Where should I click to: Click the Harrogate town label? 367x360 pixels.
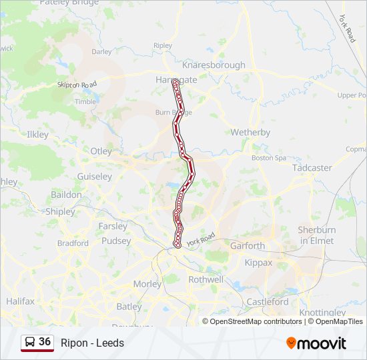pyautogui.click(x=176, y=79)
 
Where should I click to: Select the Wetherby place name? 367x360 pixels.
pyautogui.click(x=250, y=132)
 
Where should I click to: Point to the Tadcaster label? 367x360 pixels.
pyautogui.click(x=312, y=167)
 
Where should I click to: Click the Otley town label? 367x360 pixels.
pyautogui.click(x=101, y=151)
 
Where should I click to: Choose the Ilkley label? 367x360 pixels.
pyautogui.click(x=37, y=134)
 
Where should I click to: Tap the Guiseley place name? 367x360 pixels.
pyautogui.click(x=94, y=177)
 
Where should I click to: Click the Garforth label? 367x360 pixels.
pyautogui.click(x=248, y=245)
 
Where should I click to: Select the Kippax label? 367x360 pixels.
pyautogui.click(x=259, y=263)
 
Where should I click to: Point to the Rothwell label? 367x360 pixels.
pyautogui.click(x=206, y=279)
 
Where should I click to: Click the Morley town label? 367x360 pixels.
pyautogui.click(x=147, y=283)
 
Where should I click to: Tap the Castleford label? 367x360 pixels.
pyautogui.click(x=268, y=301)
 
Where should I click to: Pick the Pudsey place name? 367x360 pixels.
pyautogui.click(x=116, y=241)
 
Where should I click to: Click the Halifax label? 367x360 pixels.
pyautogui.click(x=20, y=301)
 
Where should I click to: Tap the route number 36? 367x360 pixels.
pyautogui.click(x=45, y=341)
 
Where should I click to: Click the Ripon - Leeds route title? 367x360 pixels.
pyautogui.click(x=92, y=343)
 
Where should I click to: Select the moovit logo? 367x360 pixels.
pyautogui.click(x=316, y=343)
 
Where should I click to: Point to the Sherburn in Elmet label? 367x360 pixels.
pyautogui.click(x=316, y=235)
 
